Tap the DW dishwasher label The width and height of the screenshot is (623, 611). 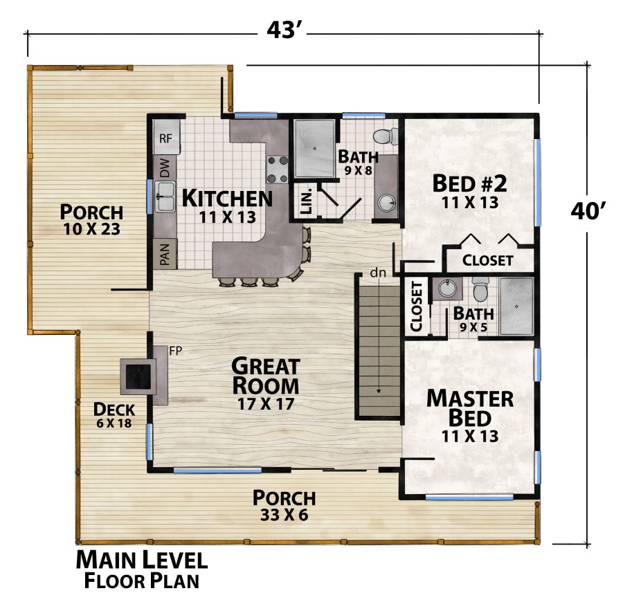click(x=165, y=167)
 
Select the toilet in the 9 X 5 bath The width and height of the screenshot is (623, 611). click(x=480, y=286)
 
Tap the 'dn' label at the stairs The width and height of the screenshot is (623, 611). click(x=377, y=273)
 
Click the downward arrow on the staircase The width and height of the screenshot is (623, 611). click(x=379, y=390)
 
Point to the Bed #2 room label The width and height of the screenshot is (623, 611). click(x=470, y=183)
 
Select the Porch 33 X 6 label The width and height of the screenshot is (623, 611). click(x=284, y=505)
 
